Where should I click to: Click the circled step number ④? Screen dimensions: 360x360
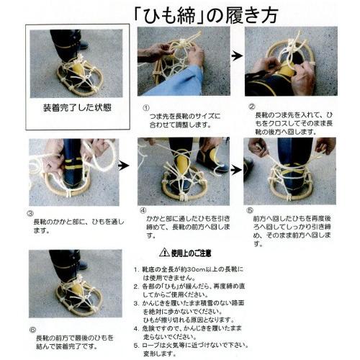[143, 214]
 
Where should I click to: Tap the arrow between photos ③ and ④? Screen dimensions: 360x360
[124, 165]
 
